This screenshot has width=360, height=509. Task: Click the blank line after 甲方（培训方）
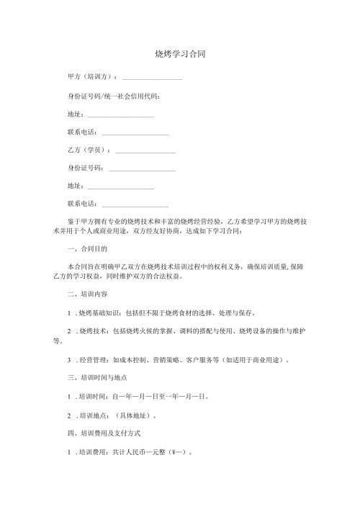(x=152, y=77)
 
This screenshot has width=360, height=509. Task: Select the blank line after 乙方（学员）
(x=145, y=151)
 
